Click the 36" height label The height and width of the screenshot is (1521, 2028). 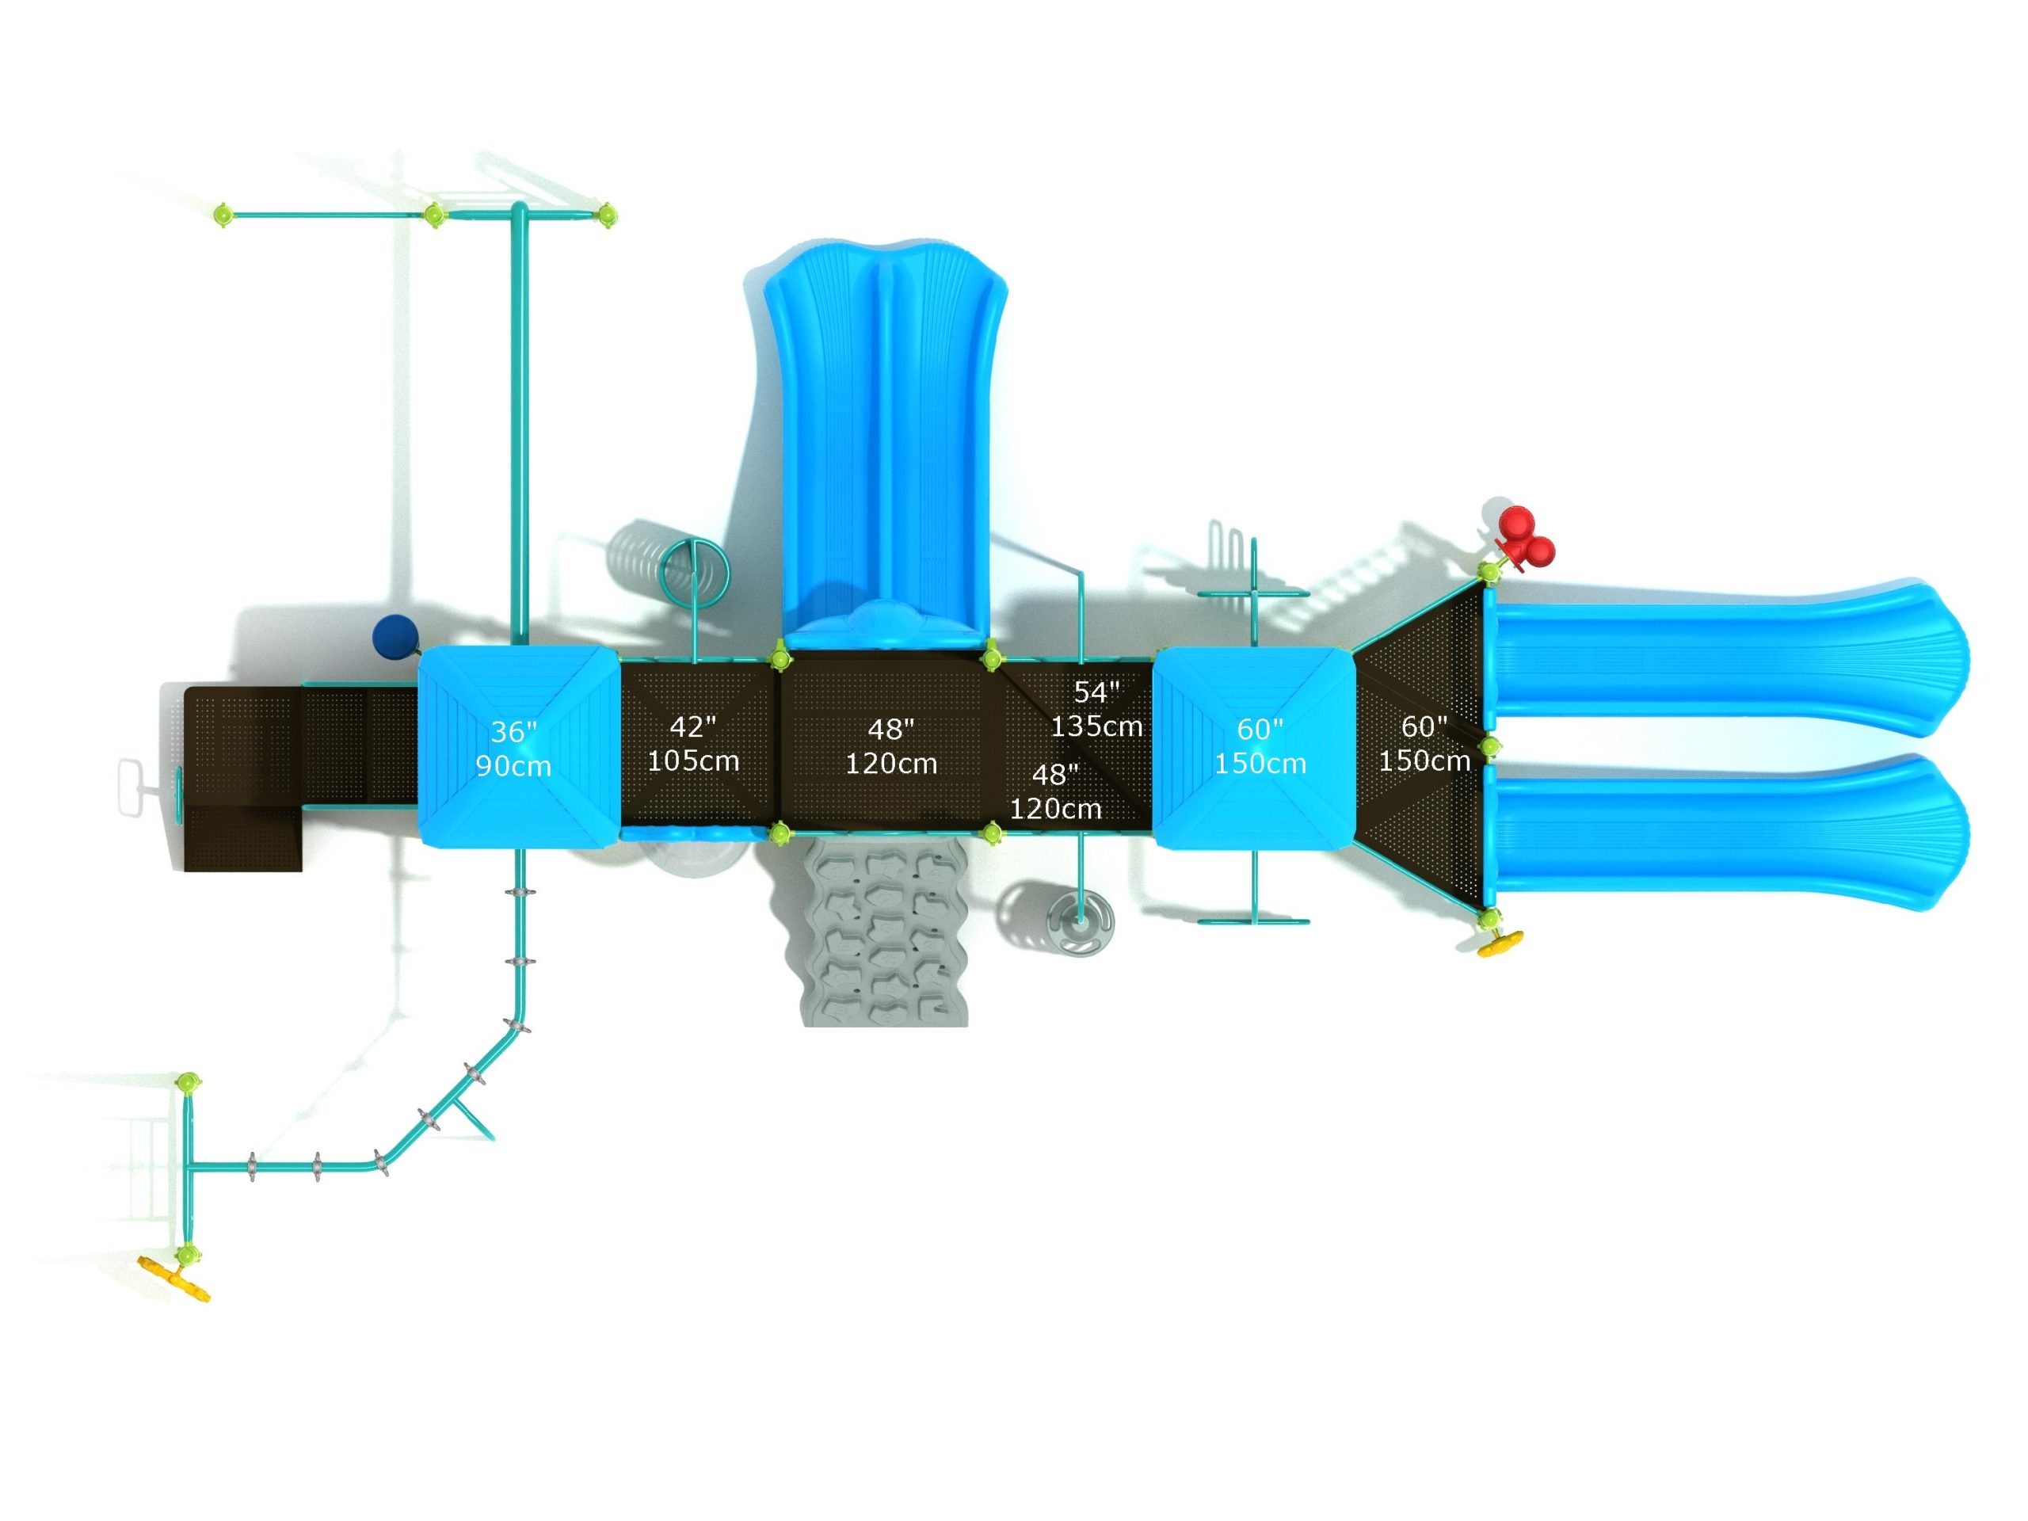click(513, 732)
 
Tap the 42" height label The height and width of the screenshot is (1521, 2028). click(692, 727)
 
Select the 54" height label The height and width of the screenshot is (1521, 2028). click(1096, 692)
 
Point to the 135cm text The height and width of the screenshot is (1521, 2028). click(1096, 727)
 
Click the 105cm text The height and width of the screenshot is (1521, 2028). click(693, 761)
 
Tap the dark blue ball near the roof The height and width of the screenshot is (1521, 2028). click(395, 635)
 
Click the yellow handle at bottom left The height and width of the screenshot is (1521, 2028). click(174, 1279)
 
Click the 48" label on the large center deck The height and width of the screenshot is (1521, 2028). click(890, 730)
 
